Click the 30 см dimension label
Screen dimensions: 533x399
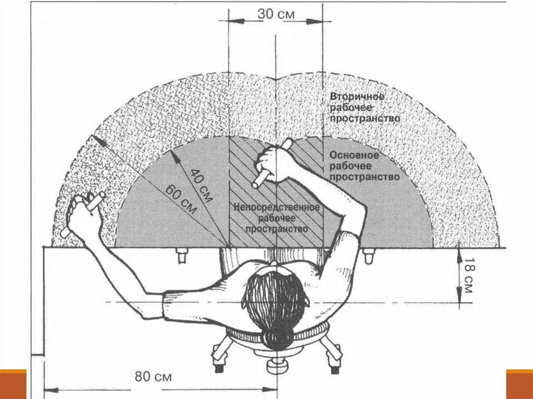coord(276,14)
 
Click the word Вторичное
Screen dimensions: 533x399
coord(357,97)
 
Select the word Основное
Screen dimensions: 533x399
coord(354,156)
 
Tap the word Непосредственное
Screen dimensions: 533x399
coord(276,207)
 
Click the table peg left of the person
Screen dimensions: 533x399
coord(182,255)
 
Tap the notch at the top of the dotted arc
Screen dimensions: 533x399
coord(276,79)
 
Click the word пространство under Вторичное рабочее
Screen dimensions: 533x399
coord(365,119)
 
